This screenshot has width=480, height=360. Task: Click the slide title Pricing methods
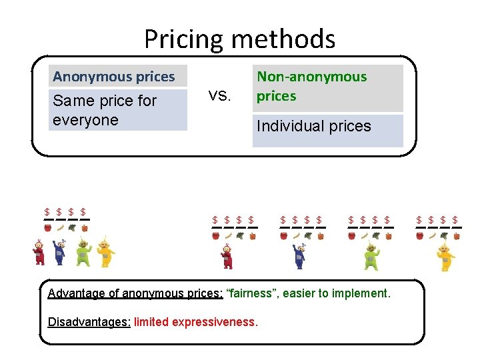click(x=239, y=39)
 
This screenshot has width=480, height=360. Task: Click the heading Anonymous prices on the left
click(x=113, y=77)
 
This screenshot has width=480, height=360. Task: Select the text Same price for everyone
click(x=104, y=110)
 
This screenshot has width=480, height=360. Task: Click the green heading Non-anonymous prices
click(x=311, y=86)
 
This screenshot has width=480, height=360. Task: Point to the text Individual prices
click(x=313, y=126)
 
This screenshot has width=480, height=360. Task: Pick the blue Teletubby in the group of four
click(x=60, y=252)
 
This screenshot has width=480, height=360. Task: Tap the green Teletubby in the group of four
click(x=83, y=252)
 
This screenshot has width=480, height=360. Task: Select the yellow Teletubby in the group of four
click(x=105, y=252)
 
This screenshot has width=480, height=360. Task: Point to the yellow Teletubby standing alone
click(x=442, y=257)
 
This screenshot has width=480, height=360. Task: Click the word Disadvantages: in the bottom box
click(x=89, y=323)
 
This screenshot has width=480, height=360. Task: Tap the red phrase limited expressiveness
click(x=195, y=323)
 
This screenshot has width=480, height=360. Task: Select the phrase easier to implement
click(x=335, y=293)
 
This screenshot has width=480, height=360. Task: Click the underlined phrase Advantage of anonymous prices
click(x=135, y=293)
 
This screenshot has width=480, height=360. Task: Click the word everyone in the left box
click(x=85, y=120)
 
